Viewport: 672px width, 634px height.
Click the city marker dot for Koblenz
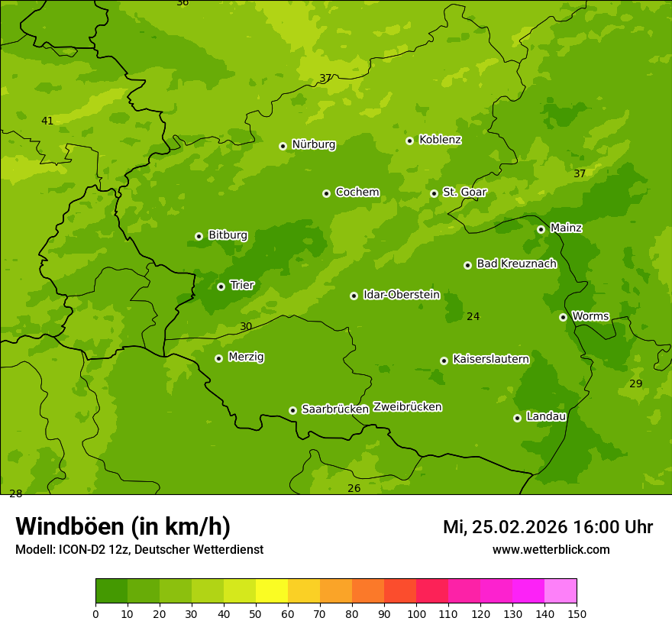pos(410,141)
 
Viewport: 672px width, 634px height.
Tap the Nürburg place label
pos(313,144)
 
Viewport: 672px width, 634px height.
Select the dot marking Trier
pos(221,286)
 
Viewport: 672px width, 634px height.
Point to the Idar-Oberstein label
pos(401,295)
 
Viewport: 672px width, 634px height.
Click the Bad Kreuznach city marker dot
pos(468,265)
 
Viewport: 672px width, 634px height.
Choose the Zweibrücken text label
pos(407,407)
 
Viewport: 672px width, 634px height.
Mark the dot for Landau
pos(518,418)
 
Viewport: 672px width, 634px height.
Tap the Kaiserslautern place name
pos(490,359)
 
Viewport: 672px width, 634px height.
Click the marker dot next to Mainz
pos(541,229)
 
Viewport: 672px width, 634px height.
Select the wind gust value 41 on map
pos(47,121)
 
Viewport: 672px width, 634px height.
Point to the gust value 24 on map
pos(473,316)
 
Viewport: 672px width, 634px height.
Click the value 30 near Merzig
pos(246,326)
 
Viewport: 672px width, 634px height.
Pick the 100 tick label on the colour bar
pos(416,613)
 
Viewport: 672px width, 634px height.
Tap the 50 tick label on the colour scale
pos(256,613)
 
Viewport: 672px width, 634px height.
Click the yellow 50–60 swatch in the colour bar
pos(272,591)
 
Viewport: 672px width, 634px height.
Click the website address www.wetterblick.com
pos(551,549)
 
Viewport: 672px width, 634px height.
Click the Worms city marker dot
pos(564,317)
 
